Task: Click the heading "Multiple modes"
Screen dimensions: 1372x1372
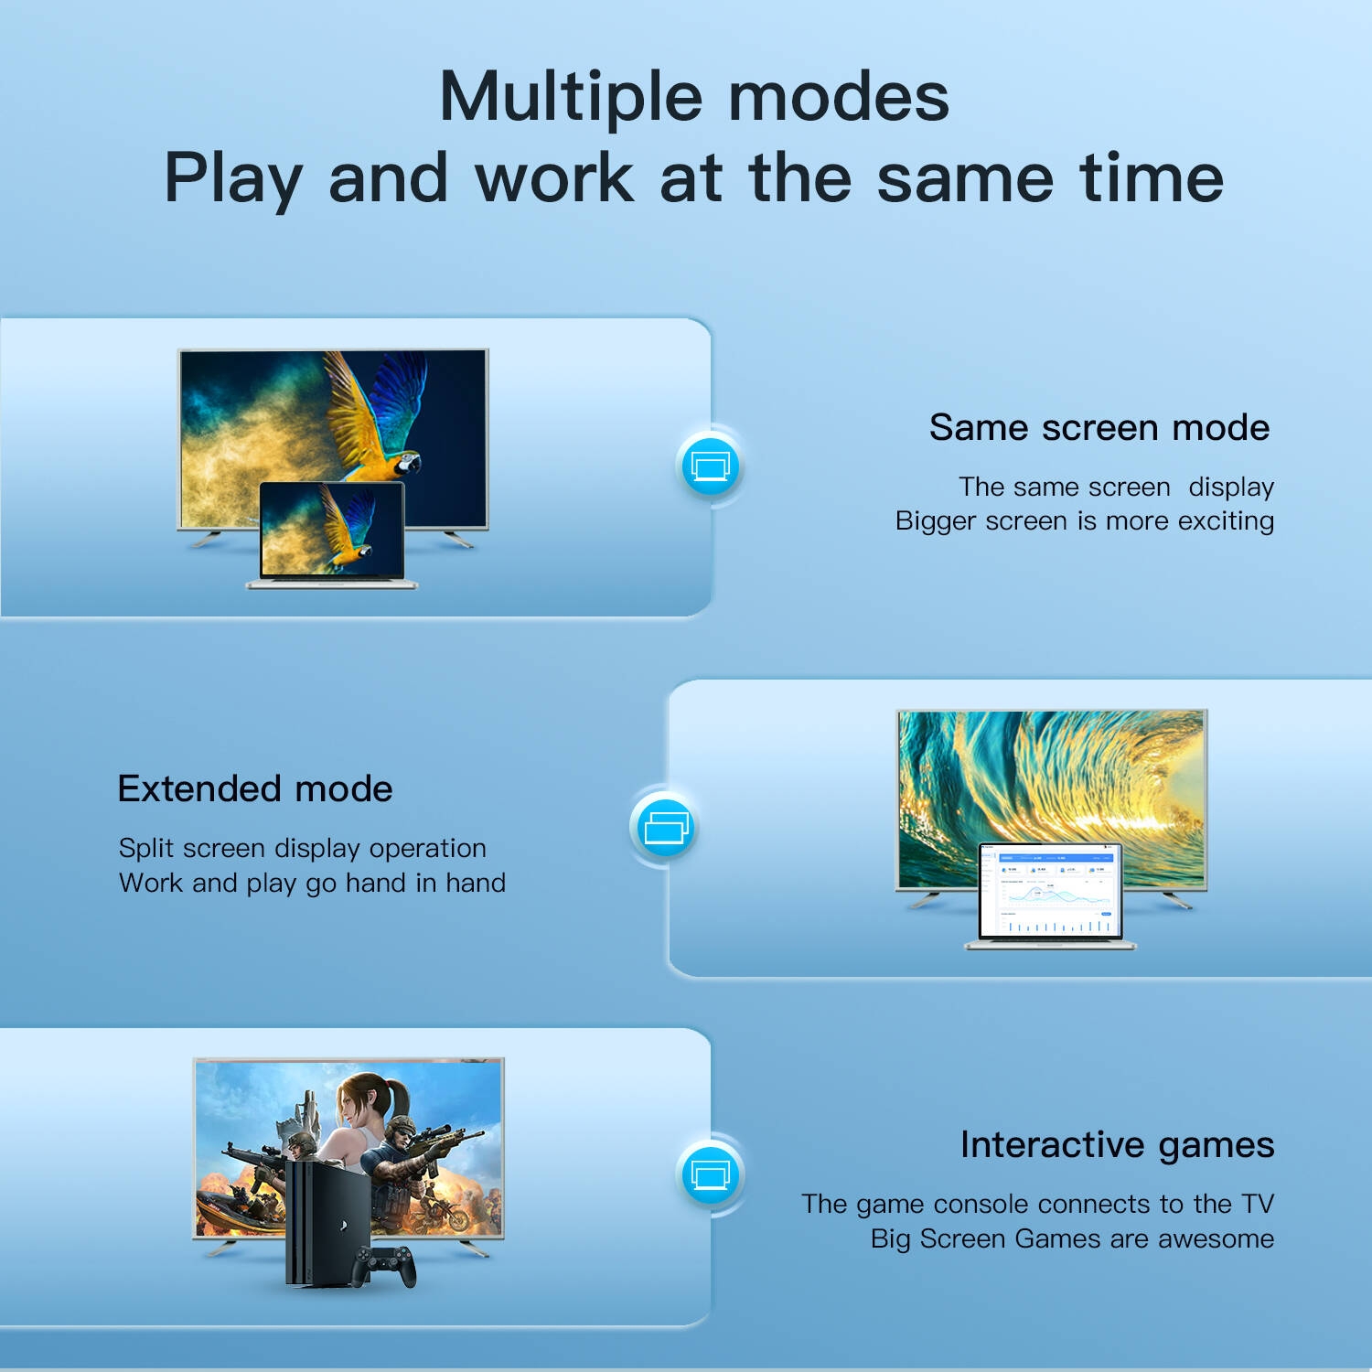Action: [x=694, y=97]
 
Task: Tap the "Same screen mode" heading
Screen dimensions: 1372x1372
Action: [x=1099, y=427]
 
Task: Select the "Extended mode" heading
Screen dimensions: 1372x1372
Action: [x=255, y=788]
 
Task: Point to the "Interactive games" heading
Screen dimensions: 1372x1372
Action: [x=1117, y=1145]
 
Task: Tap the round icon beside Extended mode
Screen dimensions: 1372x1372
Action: [x=665, y=826]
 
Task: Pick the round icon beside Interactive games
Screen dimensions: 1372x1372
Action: [x=711, y=1174]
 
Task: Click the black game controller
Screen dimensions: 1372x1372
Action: [x=385, y=1265]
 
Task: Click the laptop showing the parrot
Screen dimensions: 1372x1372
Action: [x=332, y=535]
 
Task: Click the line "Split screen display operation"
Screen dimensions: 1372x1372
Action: [x=302, y=849]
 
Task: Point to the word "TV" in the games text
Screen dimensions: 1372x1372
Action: [x=1258, y=1204]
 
